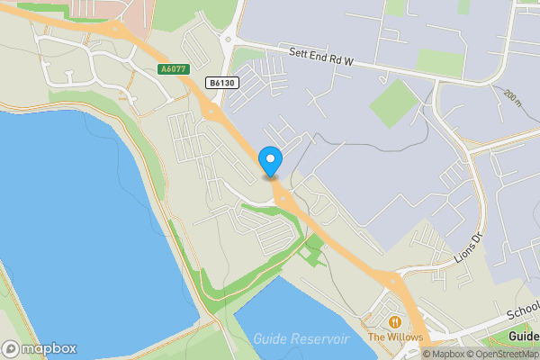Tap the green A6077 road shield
(x=174, y=69)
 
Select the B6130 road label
(x=222, y=83)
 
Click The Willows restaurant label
(x=394, y=337)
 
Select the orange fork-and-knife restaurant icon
(x=394, y=321)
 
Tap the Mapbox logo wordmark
(x=40, y=348)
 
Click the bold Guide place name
(x=524, y=337)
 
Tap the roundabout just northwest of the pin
(x=213, y=112)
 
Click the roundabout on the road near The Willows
(x=392, y=282)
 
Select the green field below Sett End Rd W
(x=394, y=103)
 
